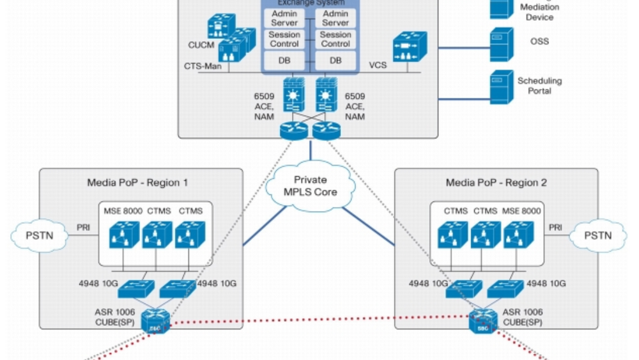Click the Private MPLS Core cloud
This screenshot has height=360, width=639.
click(311, 186)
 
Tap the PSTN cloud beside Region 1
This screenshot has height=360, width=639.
click(40, 235)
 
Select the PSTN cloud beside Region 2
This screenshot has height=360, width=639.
click(598, 235)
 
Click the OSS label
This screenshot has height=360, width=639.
click(539, 42)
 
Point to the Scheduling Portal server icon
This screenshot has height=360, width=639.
click(502, 88)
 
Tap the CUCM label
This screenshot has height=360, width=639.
click(197, 45)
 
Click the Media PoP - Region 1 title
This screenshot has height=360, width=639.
click(137, 183)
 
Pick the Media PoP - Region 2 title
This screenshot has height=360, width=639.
click(496, 183)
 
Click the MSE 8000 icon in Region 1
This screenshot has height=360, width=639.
click(124, 235)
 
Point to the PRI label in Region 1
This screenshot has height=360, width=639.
click(83, 227)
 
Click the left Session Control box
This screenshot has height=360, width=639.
click(284, 39)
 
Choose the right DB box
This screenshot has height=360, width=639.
click(335, 60)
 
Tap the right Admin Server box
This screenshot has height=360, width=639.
click(335, 18)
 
